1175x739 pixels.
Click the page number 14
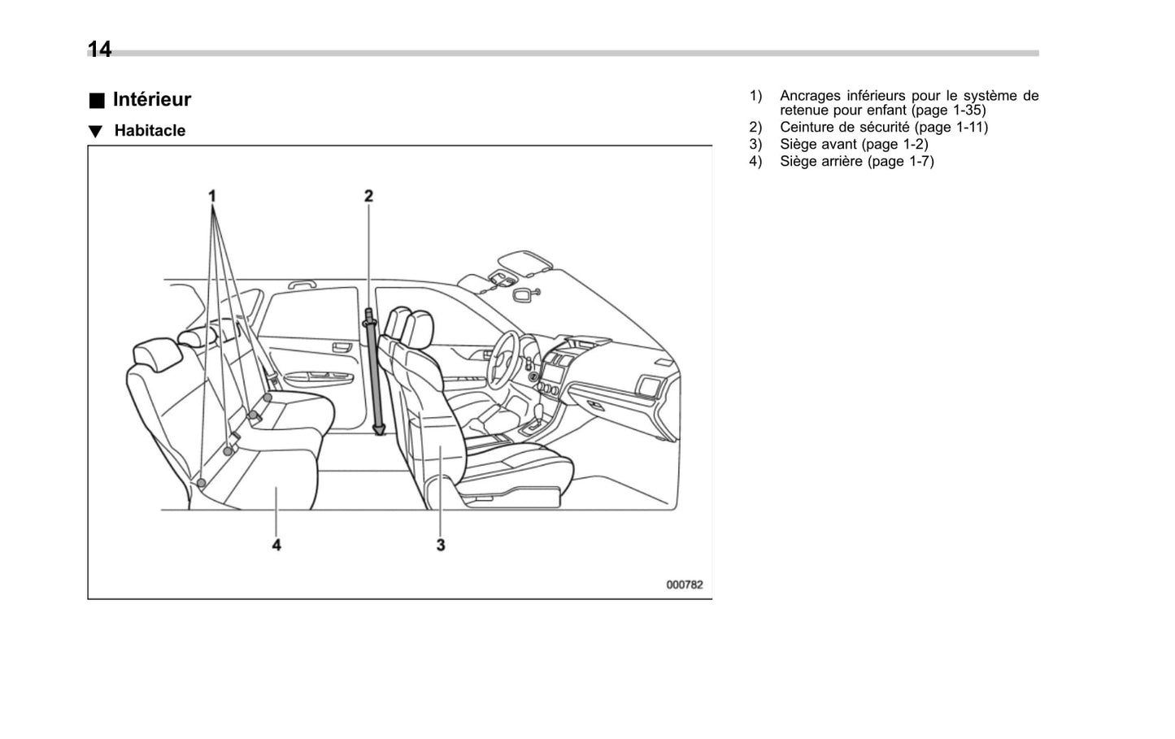coord(99,50)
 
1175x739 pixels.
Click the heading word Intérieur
coord(152,99)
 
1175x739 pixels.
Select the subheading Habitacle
coord(150,131)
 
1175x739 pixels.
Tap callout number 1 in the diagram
coord(212,196)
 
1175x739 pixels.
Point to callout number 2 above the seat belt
coord(368,196)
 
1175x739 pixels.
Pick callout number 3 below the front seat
coord(441,545)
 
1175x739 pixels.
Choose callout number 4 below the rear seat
coord(276,545)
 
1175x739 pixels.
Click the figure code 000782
coord(684,585)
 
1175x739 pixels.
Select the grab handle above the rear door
coord(302,285)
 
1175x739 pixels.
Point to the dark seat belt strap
coord(375,374)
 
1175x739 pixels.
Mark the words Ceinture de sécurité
coord(844,127)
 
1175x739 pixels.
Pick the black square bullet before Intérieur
coord(97,101)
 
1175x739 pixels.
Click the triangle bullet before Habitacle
coord(96,132)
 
